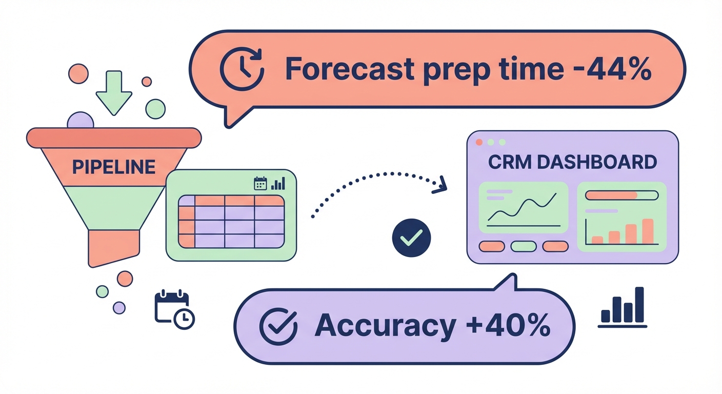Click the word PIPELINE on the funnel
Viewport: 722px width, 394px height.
[x=113, y=166]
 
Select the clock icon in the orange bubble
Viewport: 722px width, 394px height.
[x=242, y=69]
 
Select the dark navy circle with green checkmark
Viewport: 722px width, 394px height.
[x=411, y=238]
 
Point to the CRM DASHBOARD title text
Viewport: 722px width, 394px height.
[x=572, y=162]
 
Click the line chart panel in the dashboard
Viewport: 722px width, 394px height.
[x=523, y=208]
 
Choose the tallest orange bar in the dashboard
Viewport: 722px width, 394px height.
[x=648, y=231]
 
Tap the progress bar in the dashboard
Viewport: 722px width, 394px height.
[x=621, y=195]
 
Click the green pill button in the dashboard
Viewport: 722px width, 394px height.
[x=524, y=247]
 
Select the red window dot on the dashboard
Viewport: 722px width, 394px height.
[x=479, y=142]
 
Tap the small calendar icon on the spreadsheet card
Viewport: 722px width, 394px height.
[x=260, y=184]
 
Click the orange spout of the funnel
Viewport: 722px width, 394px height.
[x=113, y=247]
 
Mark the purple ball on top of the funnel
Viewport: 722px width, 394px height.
[x=81, y=121]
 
